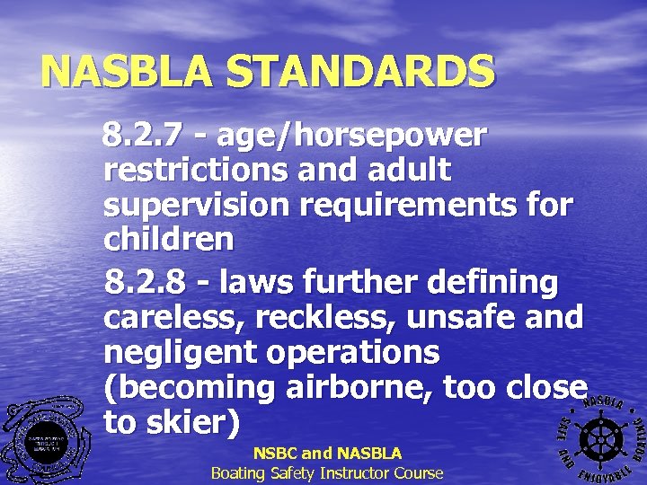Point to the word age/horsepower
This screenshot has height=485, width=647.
pyautogui.click(x=352, y=136)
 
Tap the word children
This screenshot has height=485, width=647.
pyautogui.click(x=169, y=239)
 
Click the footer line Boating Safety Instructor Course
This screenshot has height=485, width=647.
pyautogui.click(x=327, y=472)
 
